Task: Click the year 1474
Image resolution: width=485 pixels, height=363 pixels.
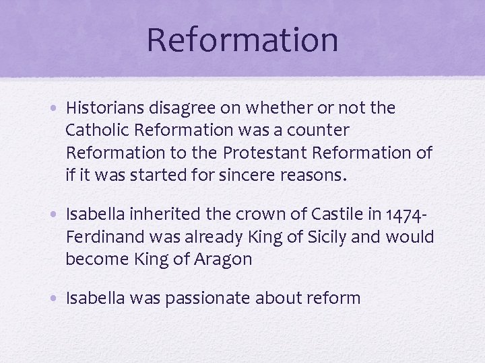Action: point(404,215)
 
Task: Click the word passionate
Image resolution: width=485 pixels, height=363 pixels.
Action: point(200,298)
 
